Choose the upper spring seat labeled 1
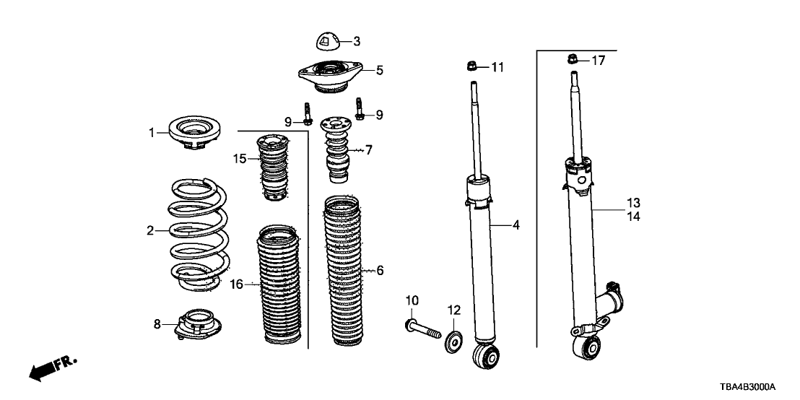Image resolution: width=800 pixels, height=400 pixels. coord(194,133)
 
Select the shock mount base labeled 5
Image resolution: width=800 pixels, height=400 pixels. coord(329,76)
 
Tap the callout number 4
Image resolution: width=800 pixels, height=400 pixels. coord(516,226)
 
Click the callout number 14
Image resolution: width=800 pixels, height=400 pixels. coord(633,216)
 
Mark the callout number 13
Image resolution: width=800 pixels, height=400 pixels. coord(633,202)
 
